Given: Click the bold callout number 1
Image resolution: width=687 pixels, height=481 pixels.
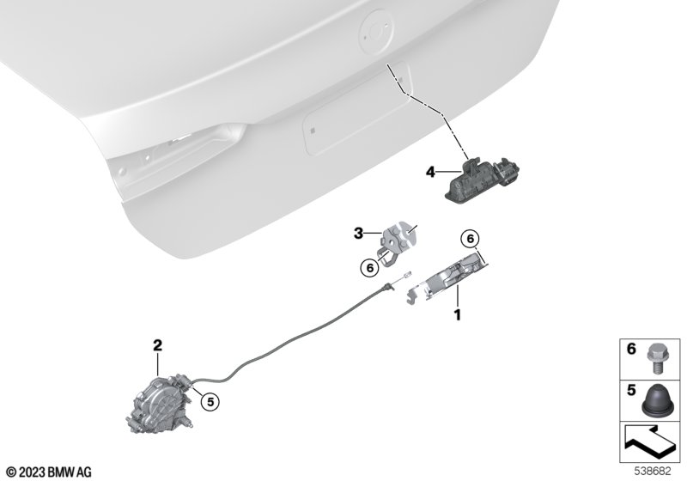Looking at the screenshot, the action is tap(458, 314).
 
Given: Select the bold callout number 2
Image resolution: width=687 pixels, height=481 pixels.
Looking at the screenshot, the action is tap(157, 345).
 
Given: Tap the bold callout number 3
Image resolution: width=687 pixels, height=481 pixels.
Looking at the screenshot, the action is tap(358, 234).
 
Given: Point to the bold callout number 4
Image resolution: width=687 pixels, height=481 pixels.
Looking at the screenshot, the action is tap(430, 172).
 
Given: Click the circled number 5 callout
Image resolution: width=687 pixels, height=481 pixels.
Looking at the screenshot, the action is tap(210, 401).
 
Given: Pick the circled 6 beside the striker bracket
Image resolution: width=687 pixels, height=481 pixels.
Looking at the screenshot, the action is tap(370, 268).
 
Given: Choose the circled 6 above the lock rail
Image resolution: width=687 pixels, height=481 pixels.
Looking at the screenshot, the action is tap(470, 239).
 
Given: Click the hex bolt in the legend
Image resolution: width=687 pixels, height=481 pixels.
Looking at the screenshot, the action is tap(654, 359).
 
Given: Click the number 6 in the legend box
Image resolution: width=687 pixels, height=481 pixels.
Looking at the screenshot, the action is tap(631, 349).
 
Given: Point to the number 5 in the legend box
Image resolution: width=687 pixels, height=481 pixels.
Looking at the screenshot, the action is tap(631, 390).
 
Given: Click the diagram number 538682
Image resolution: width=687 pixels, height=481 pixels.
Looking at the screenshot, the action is tap(653, 472).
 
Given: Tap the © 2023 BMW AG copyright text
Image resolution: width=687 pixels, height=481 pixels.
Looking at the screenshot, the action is tap(49, 472).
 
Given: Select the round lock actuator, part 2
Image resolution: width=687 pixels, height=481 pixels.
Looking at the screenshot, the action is tap(161, 403).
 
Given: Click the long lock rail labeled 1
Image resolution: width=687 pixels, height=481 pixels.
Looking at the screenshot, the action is tap(447, 278).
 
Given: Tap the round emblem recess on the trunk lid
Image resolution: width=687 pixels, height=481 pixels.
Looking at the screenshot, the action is tap(376, 32).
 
